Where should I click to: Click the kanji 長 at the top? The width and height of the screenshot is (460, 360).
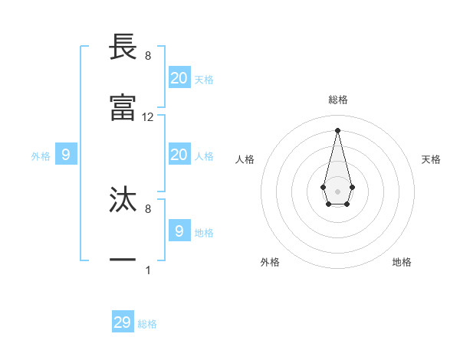(x=123, y=47)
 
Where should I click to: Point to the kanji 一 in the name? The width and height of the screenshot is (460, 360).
(x=123, y=260)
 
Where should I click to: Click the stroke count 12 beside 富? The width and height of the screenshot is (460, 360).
(x=148, y=117)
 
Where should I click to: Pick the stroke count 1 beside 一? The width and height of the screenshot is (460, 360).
(x=148, y=270)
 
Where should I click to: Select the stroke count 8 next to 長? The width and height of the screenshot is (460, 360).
(x=148, y=56)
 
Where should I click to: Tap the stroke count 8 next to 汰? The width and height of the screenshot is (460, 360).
(x=148, y=208)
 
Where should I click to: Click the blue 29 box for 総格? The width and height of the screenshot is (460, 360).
(x=123, y=322)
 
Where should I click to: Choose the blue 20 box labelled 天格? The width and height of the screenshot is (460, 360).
(x=179, y=77)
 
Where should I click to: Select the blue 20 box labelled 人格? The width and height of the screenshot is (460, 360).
(x=179, y=155)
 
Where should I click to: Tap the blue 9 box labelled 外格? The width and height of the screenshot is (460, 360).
(x=66, y=155)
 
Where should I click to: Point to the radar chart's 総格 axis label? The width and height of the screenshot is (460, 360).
(x=337, y=100)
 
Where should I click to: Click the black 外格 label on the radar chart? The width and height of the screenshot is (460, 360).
(x=270, y=262)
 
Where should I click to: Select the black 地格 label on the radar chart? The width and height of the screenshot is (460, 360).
(x=402, y=262)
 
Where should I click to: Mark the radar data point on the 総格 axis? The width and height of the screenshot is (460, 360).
(x=337, y=129)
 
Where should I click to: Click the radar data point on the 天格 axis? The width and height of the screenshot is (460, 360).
(x=352, y=187)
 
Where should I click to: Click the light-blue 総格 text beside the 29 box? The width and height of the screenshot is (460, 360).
(x=148, y=324)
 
